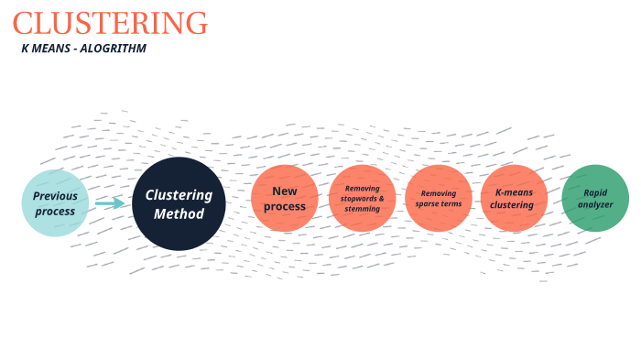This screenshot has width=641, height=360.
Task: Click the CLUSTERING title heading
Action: click(110, 23)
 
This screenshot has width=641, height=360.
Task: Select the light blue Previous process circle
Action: click(55, 203)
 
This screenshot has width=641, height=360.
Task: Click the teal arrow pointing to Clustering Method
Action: click(110, 202)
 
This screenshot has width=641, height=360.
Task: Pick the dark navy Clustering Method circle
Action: click(179, 203)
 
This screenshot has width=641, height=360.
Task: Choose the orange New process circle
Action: click(285, 199)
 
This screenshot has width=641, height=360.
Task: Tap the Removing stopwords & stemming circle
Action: click(362, 199)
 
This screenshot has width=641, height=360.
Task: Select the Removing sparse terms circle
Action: click(439, 199)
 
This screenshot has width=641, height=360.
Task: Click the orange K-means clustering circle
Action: click(514, 199)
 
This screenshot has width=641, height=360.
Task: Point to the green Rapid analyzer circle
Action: click(595, 199)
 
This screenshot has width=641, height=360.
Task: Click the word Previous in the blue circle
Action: click(55, 196)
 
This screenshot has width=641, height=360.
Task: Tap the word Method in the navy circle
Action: click(179, 213)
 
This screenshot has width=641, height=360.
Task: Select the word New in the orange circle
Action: click(285, 191)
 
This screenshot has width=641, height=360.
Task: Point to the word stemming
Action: click(362, 209)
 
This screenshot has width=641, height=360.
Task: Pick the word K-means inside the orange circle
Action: click(514, 192)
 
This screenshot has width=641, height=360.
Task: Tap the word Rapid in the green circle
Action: click(596, 192)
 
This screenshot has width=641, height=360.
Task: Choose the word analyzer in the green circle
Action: click(596, 204)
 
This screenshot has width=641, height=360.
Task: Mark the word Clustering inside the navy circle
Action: click(179, 195)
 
